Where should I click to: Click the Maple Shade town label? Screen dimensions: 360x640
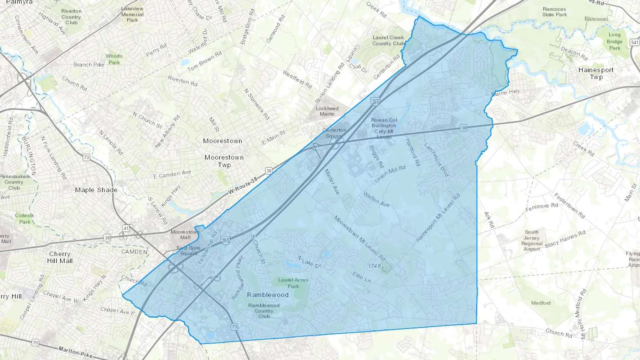coord(96,190)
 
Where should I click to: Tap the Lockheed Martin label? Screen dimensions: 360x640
coord(327,111)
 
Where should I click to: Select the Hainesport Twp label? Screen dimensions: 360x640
coord(596,73)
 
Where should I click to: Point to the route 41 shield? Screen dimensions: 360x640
coord(126,227)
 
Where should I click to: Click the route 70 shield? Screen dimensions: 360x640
coord(35,343)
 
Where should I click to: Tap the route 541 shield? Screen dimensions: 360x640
coord(635,42)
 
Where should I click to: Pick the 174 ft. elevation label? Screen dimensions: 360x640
coord(375,266)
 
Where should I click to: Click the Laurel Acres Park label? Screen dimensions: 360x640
coord(293,283)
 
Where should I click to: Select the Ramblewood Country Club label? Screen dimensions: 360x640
coord(264,311)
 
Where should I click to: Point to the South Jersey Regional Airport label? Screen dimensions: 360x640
coord(532,241)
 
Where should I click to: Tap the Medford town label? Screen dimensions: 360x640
coord(541,303)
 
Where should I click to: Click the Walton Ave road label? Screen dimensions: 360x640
coord(376,199)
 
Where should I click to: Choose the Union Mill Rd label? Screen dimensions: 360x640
coord(390,174)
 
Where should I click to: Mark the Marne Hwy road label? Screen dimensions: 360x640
coord(505,92)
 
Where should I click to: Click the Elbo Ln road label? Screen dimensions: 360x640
coord(362,277)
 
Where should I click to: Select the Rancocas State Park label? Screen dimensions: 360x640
coord(554,12)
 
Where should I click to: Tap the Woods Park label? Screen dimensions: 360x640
coord(114,59)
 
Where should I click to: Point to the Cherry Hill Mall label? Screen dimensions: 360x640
coord(60,257)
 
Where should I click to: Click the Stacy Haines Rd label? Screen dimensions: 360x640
coord(565,239)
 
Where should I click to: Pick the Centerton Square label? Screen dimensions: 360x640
coord(334,133)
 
